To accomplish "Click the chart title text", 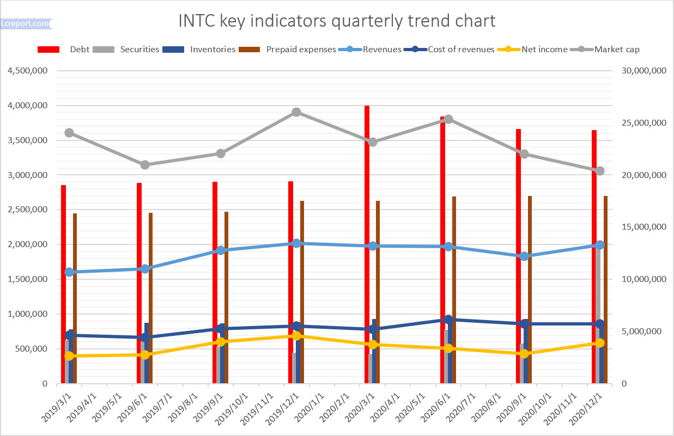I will click(337, 21).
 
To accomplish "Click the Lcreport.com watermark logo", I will click(25, 24).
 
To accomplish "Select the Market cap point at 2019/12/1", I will click(296, 112).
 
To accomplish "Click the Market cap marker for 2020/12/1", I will click(600, 171).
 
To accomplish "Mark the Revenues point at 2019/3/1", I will click(69, 272).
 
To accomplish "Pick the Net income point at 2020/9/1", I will click(524, 354).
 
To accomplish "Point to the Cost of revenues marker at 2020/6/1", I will click(448, 320).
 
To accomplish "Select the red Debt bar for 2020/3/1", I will click(367, 245).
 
